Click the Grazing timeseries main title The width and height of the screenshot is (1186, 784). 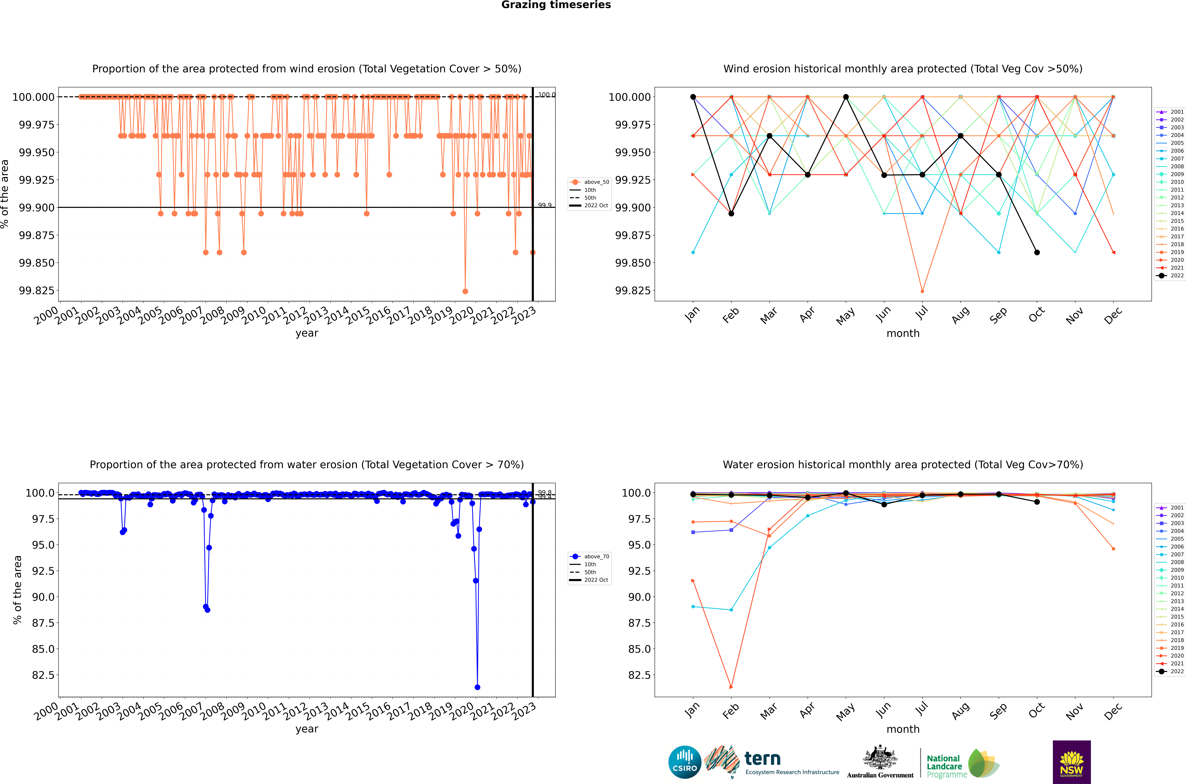click(556, 5)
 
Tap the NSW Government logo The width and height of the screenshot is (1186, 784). click(1072, 762)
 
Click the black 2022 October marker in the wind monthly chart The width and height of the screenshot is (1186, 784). click(1037, 253)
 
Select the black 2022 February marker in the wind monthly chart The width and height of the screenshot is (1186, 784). click(731, 214)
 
